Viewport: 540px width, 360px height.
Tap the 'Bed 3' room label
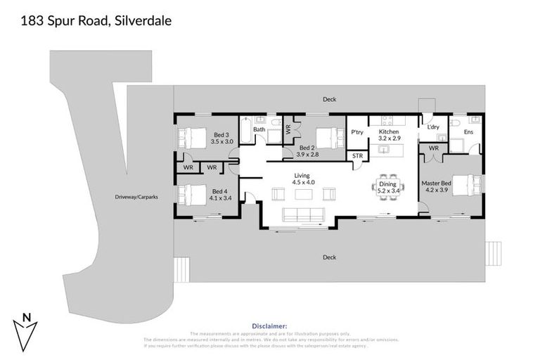[x=221, y=134]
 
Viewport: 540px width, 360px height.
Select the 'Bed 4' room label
[x=220, y=191]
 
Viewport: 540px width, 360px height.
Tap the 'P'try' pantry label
[x=356, y=132]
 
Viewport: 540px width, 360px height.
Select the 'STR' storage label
[x=357, y=155]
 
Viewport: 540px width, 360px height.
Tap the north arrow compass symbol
[x=26, y=333]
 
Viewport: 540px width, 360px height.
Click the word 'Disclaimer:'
[x=269, y=326]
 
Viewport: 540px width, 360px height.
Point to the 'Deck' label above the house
[x=329, y=100]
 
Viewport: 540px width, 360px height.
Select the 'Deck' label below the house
[x=329, y=257]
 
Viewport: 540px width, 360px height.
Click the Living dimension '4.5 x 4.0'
[x=304, y=182]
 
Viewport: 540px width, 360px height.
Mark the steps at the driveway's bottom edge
[x=181, y=268]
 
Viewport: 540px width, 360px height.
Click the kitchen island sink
[x=385, y=148]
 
